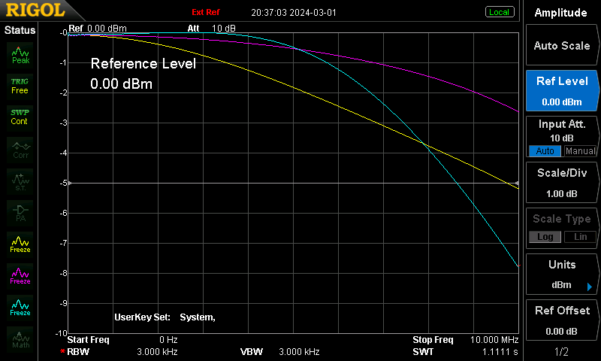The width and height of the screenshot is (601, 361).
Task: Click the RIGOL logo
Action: [35, 10]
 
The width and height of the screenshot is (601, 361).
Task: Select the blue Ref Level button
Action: [562, 91]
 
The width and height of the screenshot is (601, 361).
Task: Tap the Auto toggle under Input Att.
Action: [545, 151]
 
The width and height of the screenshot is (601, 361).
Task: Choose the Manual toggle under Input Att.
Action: [580, 151]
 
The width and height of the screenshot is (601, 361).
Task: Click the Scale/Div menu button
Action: [562, 183]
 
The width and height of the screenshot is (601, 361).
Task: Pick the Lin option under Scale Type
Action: [580, 237]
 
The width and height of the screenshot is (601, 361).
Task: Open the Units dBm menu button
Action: [562, 275]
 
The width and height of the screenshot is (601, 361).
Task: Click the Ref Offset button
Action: [562, 320]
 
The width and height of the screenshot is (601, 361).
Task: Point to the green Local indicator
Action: [500, 12]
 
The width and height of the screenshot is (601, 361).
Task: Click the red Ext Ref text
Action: [206, 12]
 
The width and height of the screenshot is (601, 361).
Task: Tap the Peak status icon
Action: [20, 56]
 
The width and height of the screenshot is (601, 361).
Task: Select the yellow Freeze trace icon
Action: [20, 244]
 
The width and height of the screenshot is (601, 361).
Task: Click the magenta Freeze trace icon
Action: [20, 276]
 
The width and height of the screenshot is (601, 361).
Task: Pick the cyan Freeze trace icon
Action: [20, 308]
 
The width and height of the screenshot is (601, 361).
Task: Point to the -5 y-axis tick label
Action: [63, 183]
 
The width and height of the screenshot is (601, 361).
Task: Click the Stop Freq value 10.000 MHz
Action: [494, 340]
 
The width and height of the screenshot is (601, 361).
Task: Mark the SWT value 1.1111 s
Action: [500, 352]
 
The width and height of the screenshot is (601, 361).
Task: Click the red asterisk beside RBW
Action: [62, 351]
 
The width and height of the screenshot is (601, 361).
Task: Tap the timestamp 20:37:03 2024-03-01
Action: [294, 13]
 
